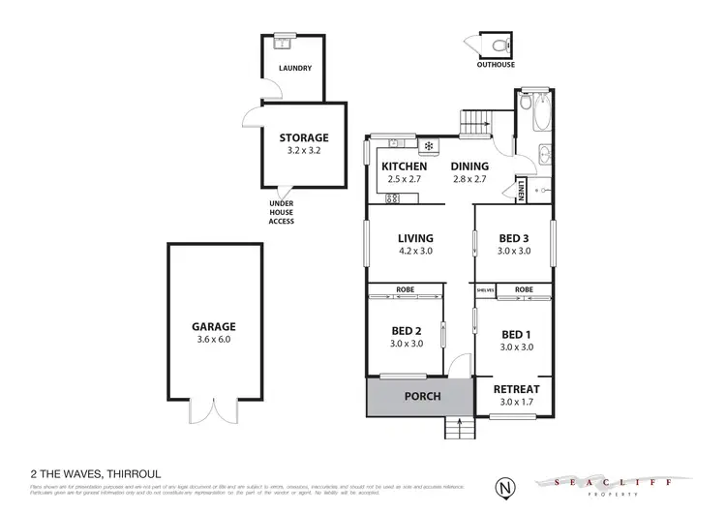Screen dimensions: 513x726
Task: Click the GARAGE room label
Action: [x=214, y=327]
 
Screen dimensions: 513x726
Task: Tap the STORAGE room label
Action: [x=304, y=138]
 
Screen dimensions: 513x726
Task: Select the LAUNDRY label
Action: [x=294, y=69]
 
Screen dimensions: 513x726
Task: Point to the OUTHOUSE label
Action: [x=495, y=65]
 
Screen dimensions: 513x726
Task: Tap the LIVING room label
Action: [x=415, y=238]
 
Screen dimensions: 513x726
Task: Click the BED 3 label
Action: [x=514, y=238]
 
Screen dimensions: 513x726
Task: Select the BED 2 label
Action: [x=407, y=329]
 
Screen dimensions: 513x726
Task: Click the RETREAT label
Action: [x=517, y=390]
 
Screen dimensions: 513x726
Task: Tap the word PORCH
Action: [x=422, y=396]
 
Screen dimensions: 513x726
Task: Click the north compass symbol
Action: [x=503, y=483]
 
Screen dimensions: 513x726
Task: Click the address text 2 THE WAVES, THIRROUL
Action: [x=89, y=473]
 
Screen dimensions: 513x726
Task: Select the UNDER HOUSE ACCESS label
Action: [x=281, y=212]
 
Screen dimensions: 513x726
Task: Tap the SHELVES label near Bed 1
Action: [x=486, y=290]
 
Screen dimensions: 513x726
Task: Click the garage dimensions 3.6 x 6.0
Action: [x=214, y=340]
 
